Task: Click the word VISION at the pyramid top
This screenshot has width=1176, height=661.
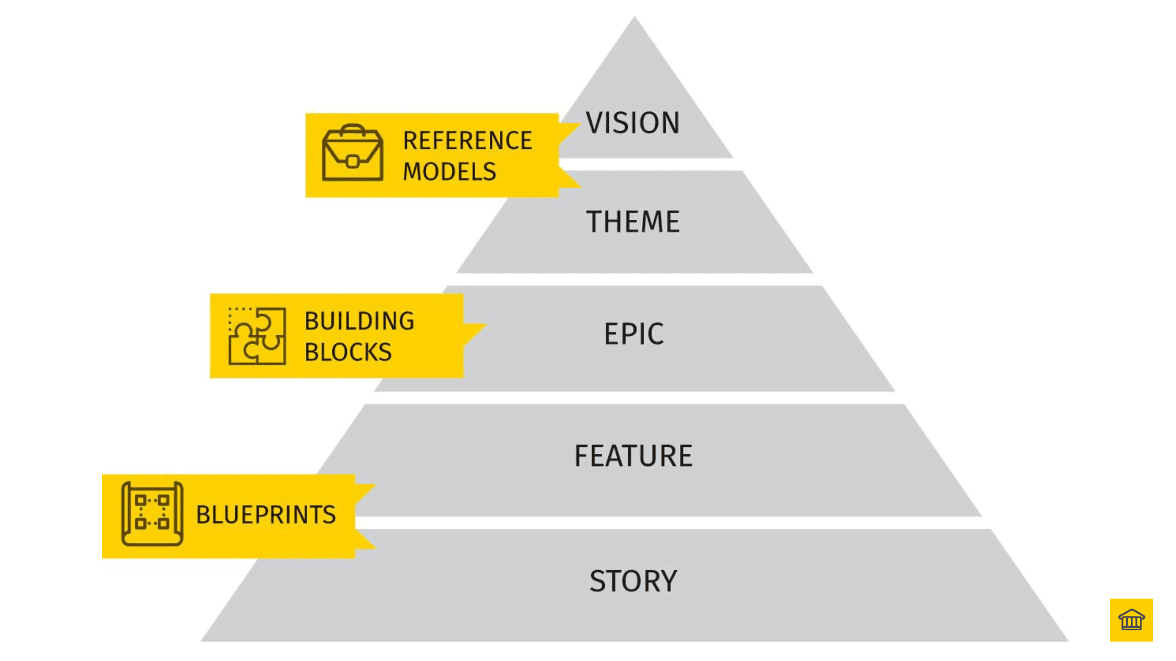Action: (633, 123)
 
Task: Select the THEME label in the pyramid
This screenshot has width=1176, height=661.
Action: (633, 221)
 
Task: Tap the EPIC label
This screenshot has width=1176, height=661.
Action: (634, 334)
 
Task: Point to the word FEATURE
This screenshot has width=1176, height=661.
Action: (633, 455)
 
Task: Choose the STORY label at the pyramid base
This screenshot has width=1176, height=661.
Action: (633, 581)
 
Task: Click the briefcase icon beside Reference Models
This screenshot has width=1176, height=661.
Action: (352, 153)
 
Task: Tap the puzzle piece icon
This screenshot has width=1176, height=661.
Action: (257, 336)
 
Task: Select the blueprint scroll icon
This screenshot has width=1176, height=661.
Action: (152, 514)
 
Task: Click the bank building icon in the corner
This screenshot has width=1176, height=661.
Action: (1131, 620)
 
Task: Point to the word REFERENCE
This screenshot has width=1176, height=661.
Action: (467, 141)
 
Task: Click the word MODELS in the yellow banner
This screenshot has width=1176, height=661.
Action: (449, 172)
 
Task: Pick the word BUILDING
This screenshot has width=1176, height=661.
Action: (360, 321)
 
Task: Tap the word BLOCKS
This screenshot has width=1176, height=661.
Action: (348, 352)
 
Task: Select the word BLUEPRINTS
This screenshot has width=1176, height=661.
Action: (266, 515)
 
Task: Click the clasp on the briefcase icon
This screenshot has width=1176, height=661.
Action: (352, 161)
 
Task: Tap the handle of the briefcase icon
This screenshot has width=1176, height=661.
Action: (352, 129)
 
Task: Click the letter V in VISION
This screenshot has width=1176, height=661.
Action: (595, 123)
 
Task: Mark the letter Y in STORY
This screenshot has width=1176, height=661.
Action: (667, 581)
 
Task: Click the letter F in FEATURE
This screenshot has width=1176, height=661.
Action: (582, 455)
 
